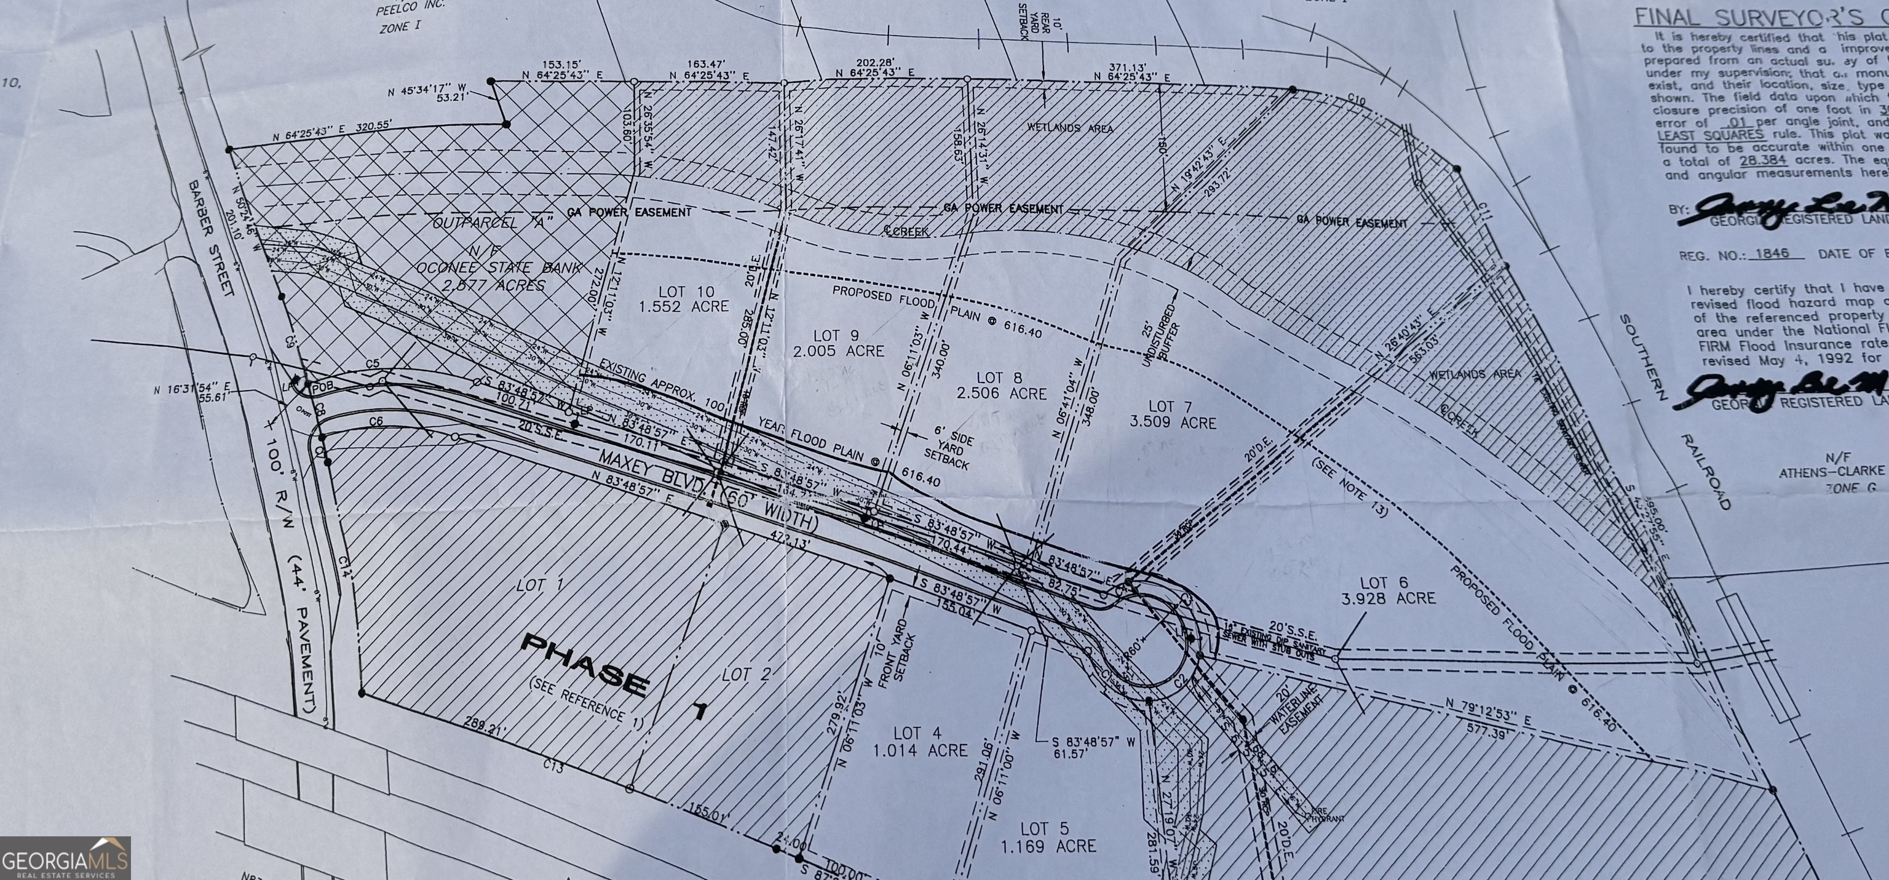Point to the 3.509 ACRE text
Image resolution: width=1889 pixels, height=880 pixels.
pyautogui.click(x=1173, y=423)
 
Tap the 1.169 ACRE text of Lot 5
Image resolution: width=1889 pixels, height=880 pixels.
pyautogui.click(x=1048, y=846)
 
